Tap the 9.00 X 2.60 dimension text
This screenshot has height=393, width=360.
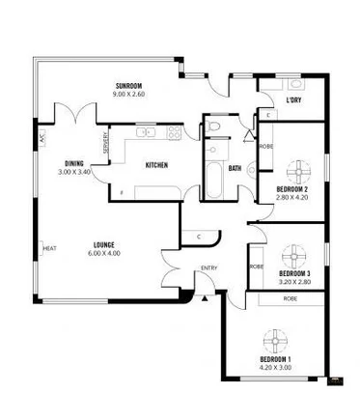[127, 96]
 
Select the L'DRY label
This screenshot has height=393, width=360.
[293, 99]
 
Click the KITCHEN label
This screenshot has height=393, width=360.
[156, 166]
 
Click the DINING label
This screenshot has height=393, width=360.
[74, 163]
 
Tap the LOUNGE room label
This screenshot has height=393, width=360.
[104, 244]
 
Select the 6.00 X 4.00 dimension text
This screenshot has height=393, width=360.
[104, 253]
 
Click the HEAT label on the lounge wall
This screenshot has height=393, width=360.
[48, 249]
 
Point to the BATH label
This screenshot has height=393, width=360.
[235, 169]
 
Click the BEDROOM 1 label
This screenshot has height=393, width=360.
[275, 359]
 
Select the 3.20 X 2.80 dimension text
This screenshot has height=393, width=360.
[294, 282]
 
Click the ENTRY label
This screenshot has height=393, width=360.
[208, 267]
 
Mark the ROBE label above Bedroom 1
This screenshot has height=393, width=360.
[290, 299]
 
